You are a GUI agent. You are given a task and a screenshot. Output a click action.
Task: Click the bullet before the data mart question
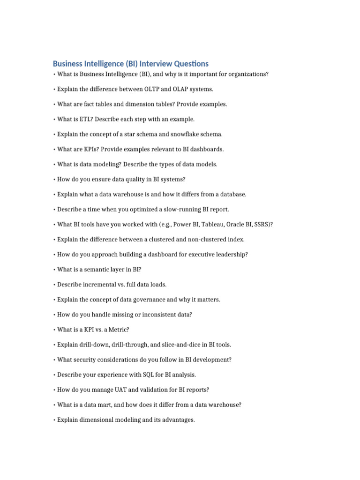pyautogui.click(x=54, y=405)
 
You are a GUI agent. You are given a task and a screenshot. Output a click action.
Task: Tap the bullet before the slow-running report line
pyautogui.click(x=54, y=209)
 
